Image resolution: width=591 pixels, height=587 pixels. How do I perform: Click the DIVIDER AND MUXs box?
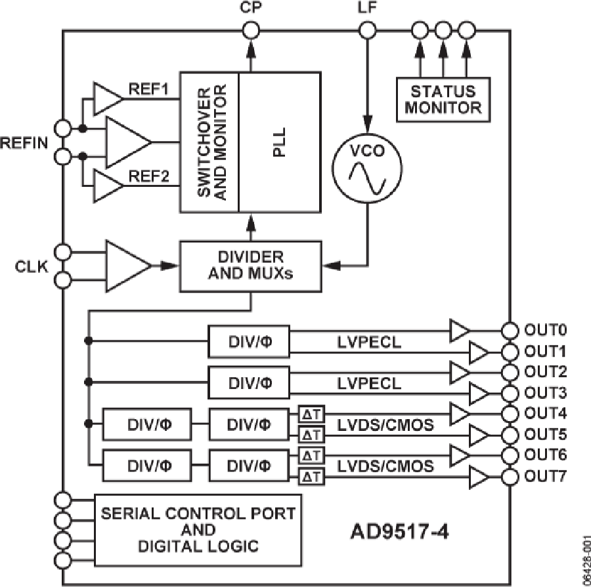click(x=250, y=264)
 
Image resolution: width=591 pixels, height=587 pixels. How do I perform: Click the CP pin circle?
click(x=250, y=30)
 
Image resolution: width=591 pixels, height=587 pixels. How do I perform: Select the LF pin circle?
click(x=367, y=30)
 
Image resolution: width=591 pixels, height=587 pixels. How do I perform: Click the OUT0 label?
click(x=542, y=329)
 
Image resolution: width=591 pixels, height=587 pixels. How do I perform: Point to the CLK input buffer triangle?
click(x=128, y=264)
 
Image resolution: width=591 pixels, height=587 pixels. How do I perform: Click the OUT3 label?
click(x=542, y=392)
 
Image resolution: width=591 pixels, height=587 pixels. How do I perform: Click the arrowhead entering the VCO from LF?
click(x=367, y=121)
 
